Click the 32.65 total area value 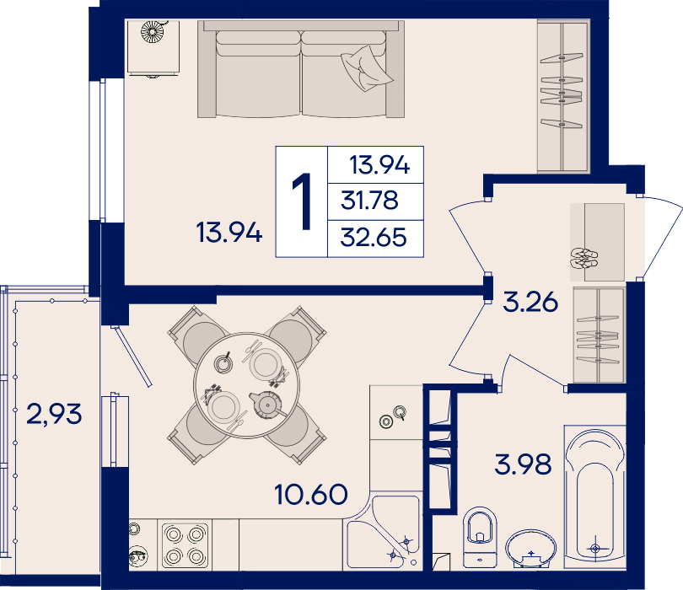pos(374,238)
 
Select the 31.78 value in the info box pos(369,201)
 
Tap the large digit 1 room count pos(301,201)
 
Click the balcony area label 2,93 pos(54,414)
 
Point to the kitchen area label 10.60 pos(311,494)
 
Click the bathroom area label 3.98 pos(523,464)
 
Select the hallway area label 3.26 pos(530,302)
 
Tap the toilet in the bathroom pos(480,537)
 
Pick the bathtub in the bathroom pos(595,496)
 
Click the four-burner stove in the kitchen pos(185,545)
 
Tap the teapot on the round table pos(266,405)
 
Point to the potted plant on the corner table pos(153,32)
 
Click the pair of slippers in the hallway pos(584,258)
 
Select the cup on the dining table pos(223,362)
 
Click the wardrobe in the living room pos(563,95)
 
